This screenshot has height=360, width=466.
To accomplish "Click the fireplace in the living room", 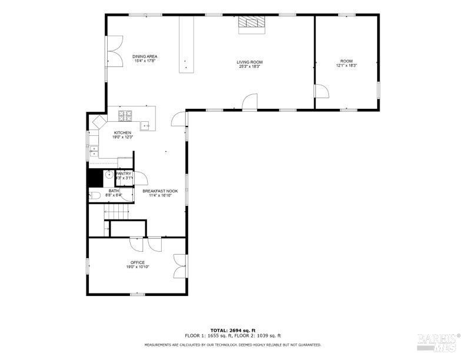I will pyautogui.click(x=251, y=23).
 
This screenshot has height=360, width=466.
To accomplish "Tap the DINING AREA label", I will pyautogui.click(x=145, y=56).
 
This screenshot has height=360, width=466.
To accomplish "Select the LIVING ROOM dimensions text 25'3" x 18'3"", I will pyautogui.click(x=249, y=66).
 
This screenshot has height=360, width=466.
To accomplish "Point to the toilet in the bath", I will pyautogui.click(x=96, y=195).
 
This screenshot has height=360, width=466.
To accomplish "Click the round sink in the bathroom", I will pyautogui.click(x=109, y=175).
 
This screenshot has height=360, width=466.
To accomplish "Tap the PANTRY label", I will pyautogui.click(x=124, y=174).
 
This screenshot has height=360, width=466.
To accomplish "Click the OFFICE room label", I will pyautogui.click(x=137, y=262).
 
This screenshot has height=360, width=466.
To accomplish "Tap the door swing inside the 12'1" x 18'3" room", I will pyautogui.click(x=321, y=92).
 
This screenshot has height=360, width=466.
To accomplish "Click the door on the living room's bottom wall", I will pyautogui.click(x=250, y=102).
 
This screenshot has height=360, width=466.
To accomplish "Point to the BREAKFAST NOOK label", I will pyautogui.click(x=160, y=191).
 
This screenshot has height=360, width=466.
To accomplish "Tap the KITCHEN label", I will pyautogui.click(x=122, y=133).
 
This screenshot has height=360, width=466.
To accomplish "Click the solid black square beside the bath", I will pyautogui.click(x=94, y=176).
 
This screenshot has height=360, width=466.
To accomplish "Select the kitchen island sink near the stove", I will pyautogui.click(x=145, y=125).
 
